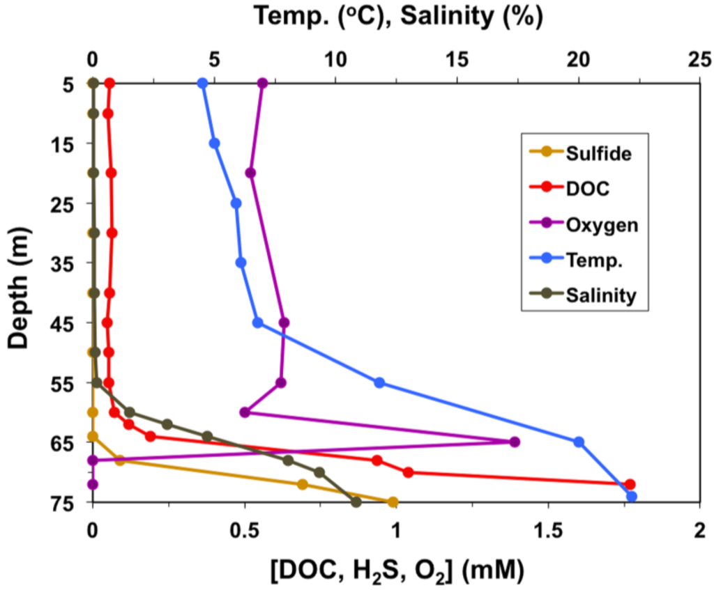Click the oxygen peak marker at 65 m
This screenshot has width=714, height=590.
pyautogui.click(x=515, y=442)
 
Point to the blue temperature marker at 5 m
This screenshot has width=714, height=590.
pyautogui.click(x=203, y=83)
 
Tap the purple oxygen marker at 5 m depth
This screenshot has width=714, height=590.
pyautogui.click(x=263, y=83)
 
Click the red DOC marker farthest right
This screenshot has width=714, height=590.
pyautogui.click(x=630, y=484)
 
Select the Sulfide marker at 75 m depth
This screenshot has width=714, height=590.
pyautogui.click(x=393, y=502)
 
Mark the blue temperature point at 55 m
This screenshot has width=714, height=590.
pyautogui.click(x=379, y=382)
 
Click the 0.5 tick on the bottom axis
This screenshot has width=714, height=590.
pyautogui.click(x=244, y=528)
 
